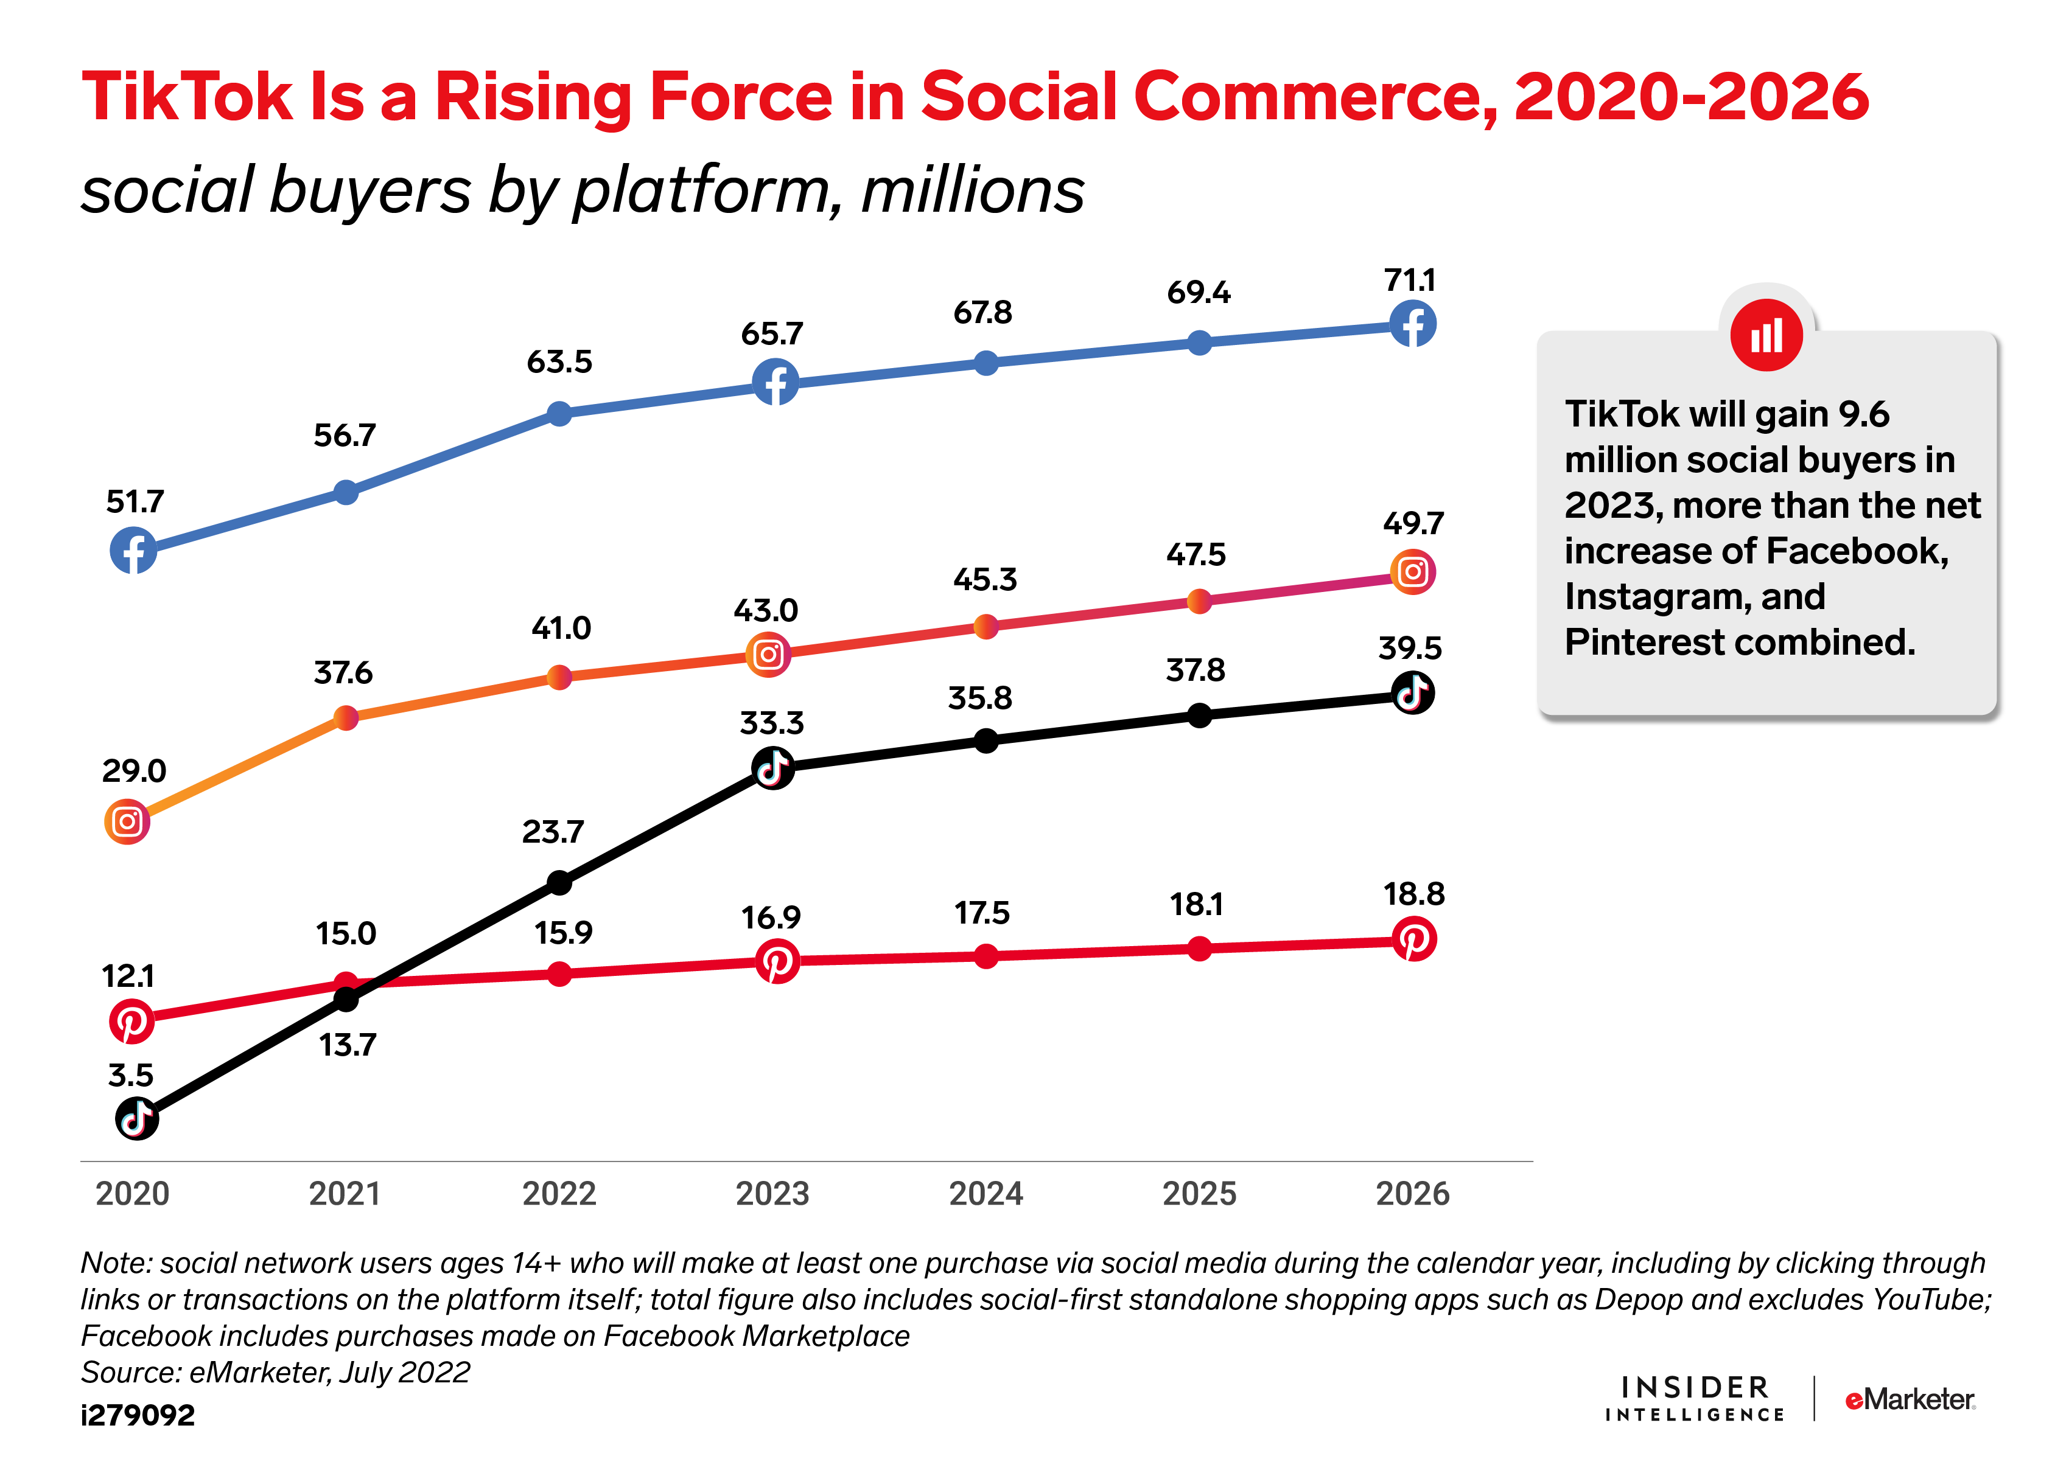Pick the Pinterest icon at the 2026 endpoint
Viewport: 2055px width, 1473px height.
tap(1413, 939)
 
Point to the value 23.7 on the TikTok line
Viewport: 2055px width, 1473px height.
tap(553, 832)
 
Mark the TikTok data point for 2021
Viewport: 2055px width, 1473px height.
tap(346, 999)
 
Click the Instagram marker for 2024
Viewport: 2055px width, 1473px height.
tap(986, 626)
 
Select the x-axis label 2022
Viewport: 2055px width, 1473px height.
tap(559, 1194)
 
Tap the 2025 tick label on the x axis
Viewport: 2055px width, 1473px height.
tap(1199, 1194)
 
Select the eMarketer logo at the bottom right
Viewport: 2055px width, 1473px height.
tap(1910, 1399)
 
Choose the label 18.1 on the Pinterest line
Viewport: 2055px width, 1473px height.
tap(1196, 904)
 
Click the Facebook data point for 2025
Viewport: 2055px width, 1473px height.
tap(1199, 343)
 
